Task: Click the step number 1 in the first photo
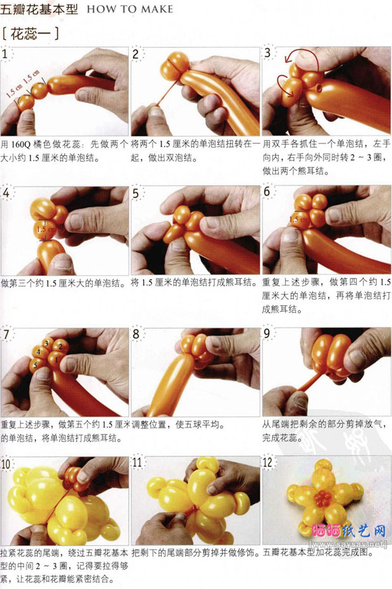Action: pos(4,54)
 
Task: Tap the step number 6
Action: pos(266,192)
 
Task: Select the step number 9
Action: pos(267,333)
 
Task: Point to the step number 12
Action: pos(267,462)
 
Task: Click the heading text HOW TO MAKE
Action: pos(130,9)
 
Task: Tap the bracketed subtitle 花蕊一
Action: pos(30,34)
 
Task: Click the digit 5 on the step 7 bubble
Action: pos(35,365)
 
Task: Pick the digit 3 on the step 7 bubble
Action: pos(47,343)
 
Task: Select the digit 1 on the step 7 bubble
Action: pos(56,359)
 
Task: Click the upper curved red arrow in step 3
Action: pos(300,53)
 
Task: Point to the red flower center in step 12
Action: pos(323,499)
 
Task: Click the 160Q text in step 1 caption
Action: pos(21,144)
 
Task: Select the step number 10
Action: pos(6,464)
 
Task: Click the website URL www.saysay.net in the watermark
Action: pos(349,543)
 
